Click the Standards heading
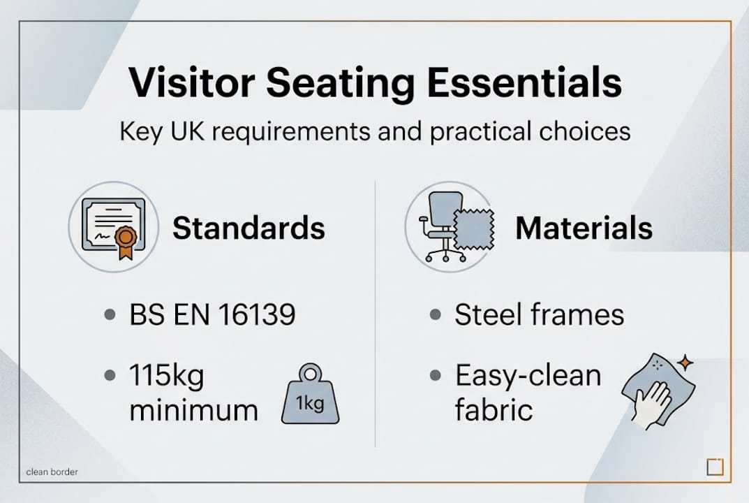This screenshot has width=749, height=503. [x=249, y=228]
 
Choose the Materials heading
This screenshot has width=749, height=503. [x=584, y=228]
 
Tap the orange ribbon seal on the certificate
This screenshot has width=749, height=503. [x=126, y=239]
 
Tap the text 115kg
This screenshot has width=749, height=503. [x=166, y=377]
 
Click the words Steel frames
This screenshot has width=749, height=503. [x=539, y=315]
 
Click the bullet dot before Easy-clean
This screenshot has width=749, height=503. [x=436, y=376]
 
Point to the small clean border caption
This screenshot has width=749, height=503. [x=52, y=472]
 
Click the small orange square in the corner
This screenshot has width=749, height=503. [x=715, y=466]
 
